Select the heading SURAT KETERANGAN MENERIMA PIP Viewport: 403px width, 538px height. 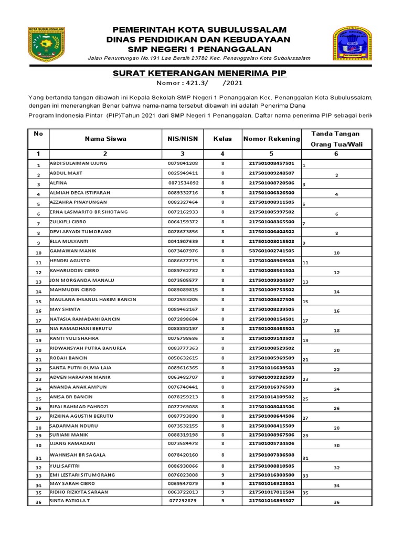click(x=200, y=73)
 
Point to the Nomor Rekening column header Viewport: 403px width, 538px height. click(x=271, y=139)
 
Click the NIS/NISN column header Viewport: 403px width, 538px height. click(x=183, y=139)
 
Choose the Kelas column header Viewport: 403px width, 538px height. click(x=222, y=139)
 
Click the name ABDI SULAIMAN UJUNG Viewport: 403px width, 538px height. click(x=78, y=163)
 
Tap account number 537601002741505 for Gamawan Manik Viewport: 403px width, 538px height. click(x=271, y=251)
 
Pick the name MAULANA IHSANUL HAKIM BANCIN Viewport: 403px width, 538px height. click(x=93, y=299)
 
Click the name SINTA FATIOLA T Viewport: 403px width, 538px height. click(x=71, y=501)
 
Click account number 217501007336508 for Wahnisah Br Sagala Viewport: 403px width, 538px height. click(x=271, y=454)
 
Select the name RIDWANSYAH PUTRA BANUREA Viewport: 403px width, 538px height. click(x=88, y=348)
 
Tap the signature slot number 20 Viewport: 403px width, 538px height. click(x=337, y=350)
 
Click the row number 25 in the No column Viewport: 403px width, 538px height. click(x=38, y=399)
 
